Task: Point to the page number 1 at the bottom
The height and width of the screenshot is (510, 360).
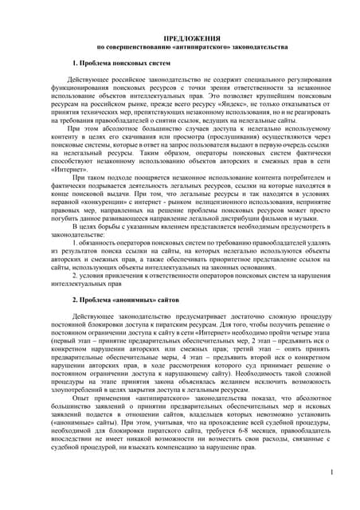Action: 330,473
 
